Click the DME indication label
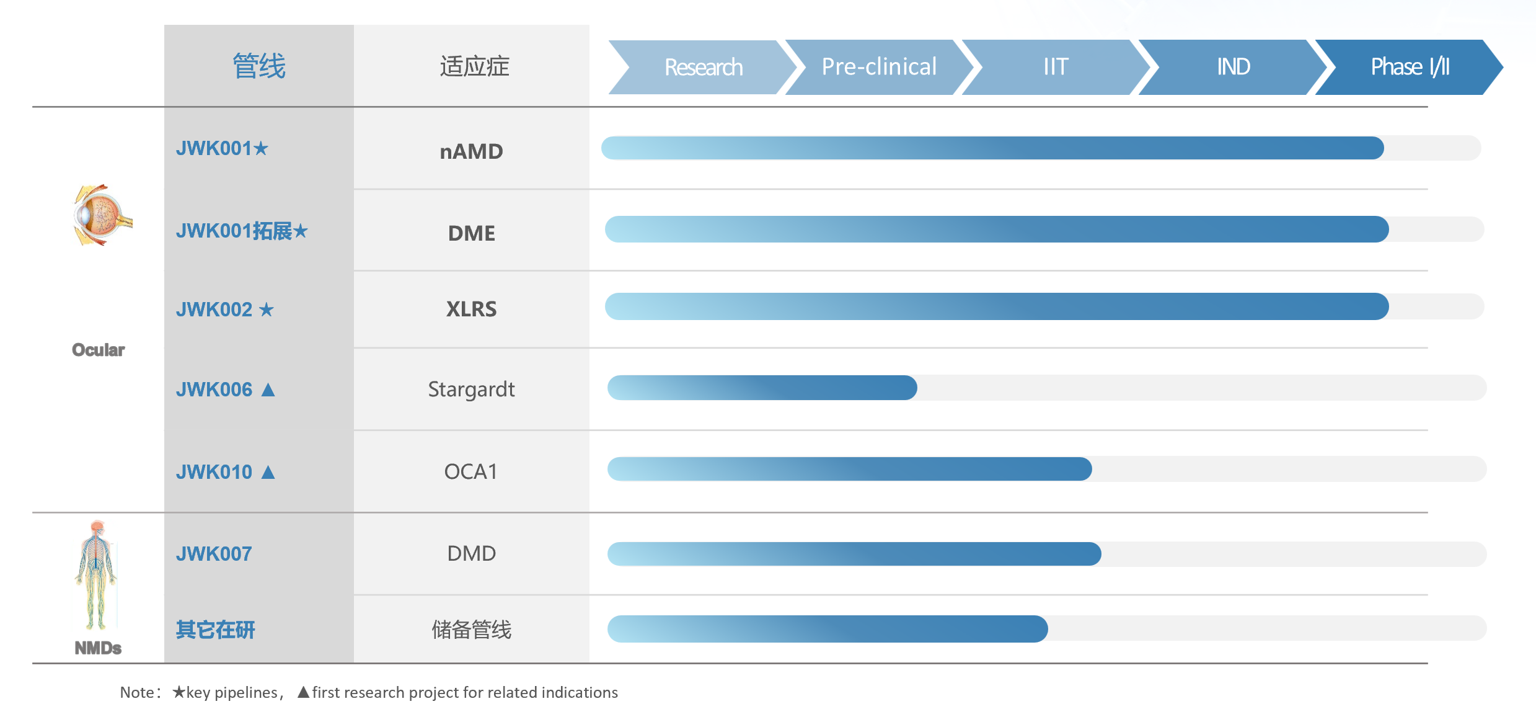[472, 233]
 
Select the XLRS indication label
[472, 309]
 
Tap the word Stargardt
[471, 390]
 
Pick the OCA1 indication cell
[471, 471]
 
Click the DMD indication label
[472, 553]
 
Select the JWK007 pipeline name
[214, 554]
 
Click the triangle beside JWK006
[268, 390]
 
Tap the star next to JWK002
[266, 309]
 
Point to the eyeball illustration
[102, 215]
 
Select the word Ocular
[99, 350]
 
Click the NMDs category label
[98, 648]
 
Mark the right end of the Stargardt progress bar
[916, 388]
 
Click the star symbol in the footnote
[179, 692]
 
